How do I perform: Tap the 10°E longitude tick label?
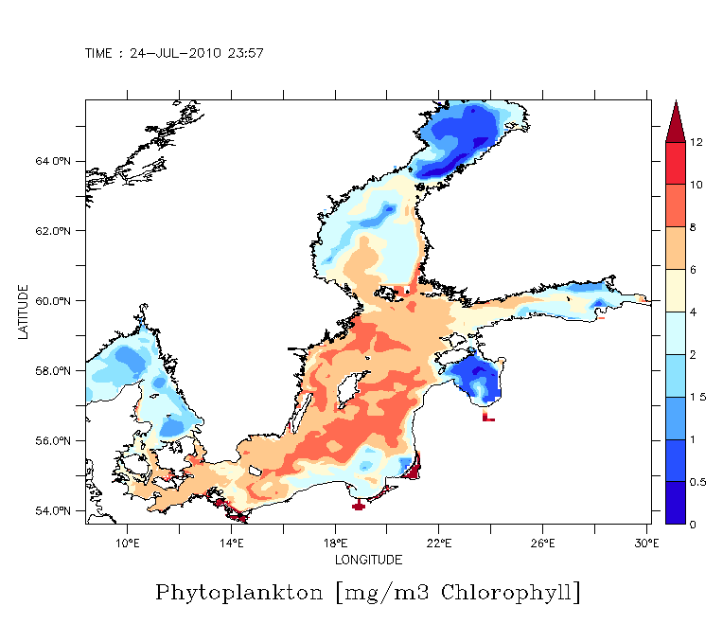pos(128,543)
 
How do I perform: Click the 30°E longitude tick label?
pos(645,543)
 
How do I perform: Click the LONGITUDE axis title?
pos(368,560)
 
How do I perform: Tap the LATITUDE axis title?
pos(23,312)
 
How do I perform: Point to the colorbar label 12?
pos(696,142)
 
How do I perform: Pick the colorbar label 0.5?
pos(697,483)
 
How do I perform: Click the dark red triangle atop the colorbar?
pos(676,120)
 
